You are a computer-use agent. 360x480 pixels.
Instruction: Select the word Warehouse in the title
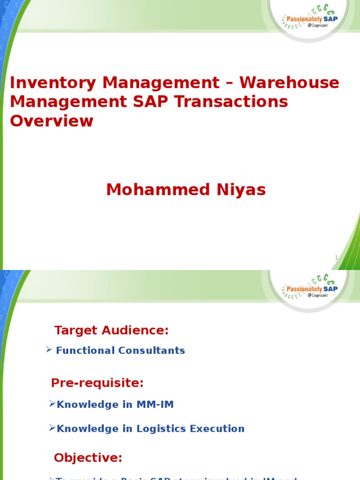click(289, 83)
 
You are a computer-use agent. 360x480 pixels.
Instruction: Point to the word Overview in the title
click(52, 121)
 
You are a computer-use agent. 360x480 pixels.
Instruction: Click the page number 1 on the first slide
click(337, 257)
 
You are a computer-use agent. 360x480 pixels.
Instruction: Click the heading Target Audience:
click(111, 330)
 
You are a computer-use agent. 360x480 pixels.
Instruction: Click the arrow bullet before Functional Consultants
click(49, 350)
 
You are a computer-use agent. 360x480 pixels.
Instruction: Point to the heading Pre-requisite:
click(97, 383)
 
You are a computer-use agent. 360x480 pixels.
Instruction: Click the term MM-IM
click(155, 405)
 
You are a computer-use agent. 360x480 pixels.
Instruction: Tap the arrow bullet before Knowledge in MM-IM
click(52, 404)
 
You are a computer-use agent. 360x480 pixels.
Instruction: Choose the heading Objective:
click(88, 457)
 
